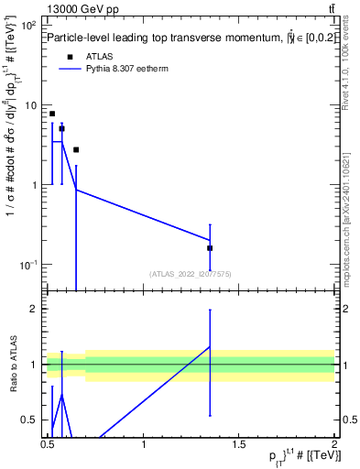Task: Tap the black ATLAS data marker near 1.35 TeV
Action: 210,247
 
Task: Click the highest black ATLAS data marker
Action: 52,114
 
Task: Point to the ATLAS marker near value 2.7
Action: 76,149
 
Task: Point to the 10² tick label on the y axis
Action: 29,25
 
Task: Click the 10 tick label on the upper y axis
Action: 31,105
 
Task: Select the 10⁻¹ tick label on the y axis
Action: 29,265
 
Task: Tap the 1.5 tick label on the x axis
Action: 239,445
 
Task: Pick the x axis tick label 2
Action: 334,445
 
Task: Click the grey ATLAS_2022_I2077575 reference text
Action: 191,273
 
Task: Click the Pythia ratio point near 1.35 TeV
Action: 210,347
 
